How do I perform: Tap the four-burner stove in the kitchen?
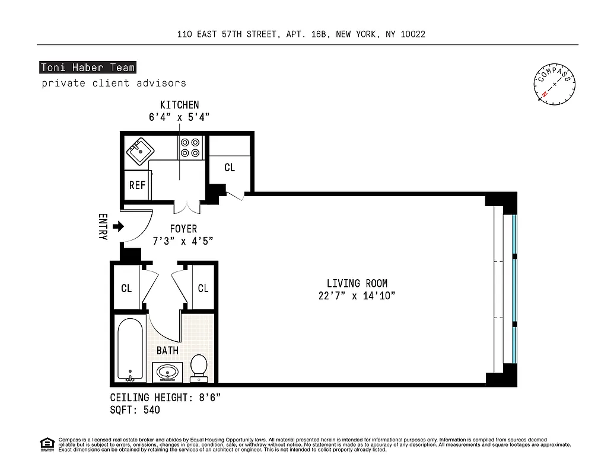pyautogui.click(x=191, y=148)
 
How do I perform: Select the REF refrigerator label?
pyautogui.click(x=137, y=185)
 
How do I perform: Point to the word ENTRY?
pyautogui.click(x=102, y=226)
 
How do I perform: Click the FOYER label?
pyautogui.click(x=183, y=229)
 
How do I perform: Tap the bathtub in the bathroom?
pyautogui.click(x=130, y=350)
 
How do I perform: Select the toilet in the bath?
pyautogui.click(x=199, y=368)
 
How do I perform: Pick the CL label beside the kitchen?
pyautogui.click(x=230, y=168)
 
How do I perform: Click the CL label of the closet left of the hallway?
pyautogui.click(x=126, y=289)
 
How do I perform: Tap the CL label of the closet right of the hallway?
pyautogui.click(x=203, y=289)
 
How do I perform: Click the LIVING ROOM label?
pyautogui.click(x=357, y=284)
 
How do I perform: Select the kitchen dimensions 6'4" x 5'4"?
pyautogui.click(x=179, y=117)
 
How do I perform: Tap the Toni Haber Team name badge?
pyautogui.click(x=88, y=68)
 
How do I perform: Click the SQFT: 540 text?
pyautogui.click(x=135, y=409)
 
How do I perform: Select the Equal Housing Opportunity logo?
pyautogui.click(x=47, y=444)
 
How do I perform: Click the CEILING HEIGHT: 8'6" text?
pyautogui.click(x=166, y=398)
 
